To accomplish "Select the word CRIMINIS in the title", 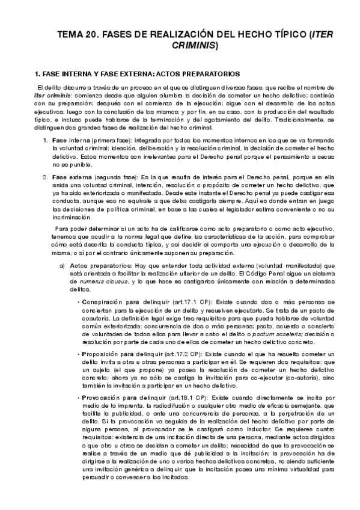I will point(197,45).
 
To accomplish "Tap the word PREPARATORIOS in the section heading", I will point(195,74).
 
